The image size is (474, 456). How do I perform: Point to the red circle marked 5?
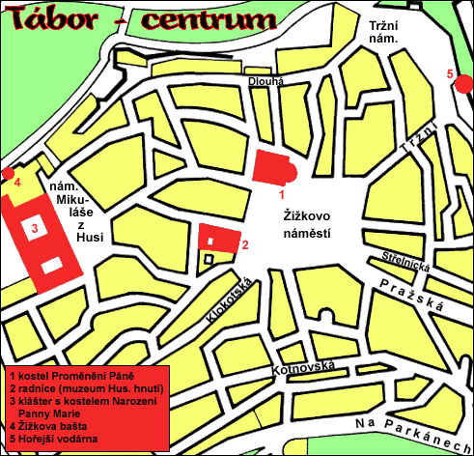(463, 85)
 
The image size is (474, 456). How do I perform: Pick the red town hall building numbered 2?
(219, 237)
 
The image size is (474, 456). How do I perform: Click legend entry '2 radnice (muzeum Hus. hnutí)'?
(85, 388)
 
